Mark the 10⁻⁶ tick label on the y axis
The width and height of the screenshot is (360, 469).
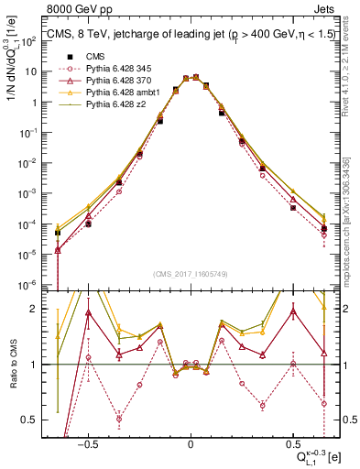tap(31, 285)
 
